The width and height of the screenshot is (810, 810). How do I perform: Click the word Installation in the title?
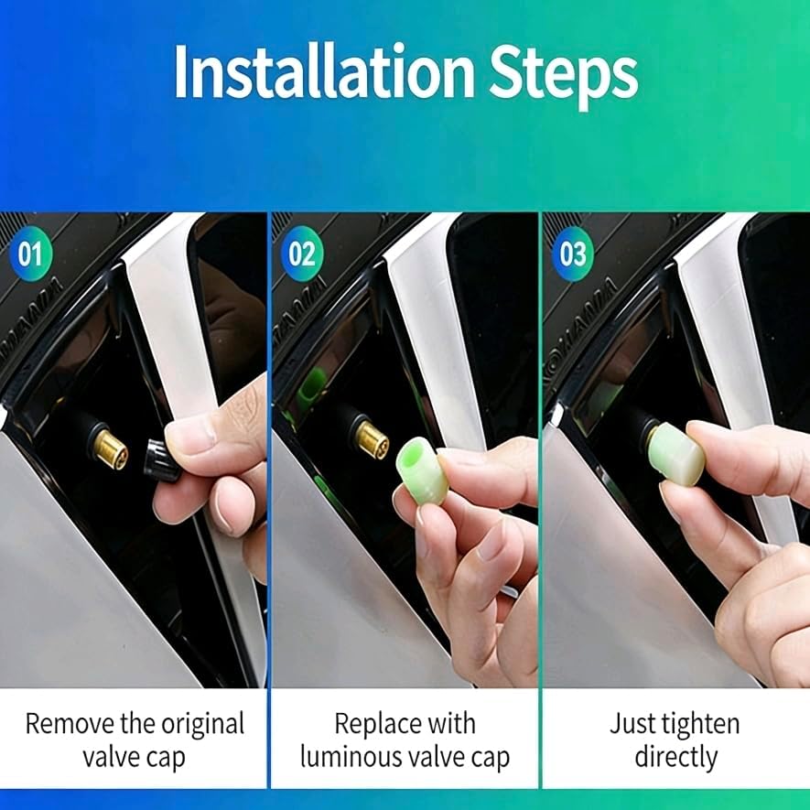324,71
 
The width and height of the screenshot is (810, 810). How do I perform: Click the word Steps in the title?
564,77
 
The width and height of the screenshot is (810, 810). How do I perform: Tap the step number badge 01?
30,254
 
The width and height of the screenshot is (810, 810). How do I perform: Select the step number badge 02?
302,254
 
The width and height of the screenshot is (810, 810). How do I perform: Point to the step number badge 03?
573,254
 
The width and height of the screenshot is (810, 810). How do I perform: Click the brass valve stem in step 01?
112,448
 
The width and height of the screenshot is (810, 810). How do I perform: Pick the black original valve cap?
161,460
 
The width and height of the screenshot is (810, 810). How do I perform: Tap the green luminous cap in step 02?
421,470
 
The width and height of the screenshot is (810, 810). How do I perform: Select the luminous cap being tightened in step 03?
676,454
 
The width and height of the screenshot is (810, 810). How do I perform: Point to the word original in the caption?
203,725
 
